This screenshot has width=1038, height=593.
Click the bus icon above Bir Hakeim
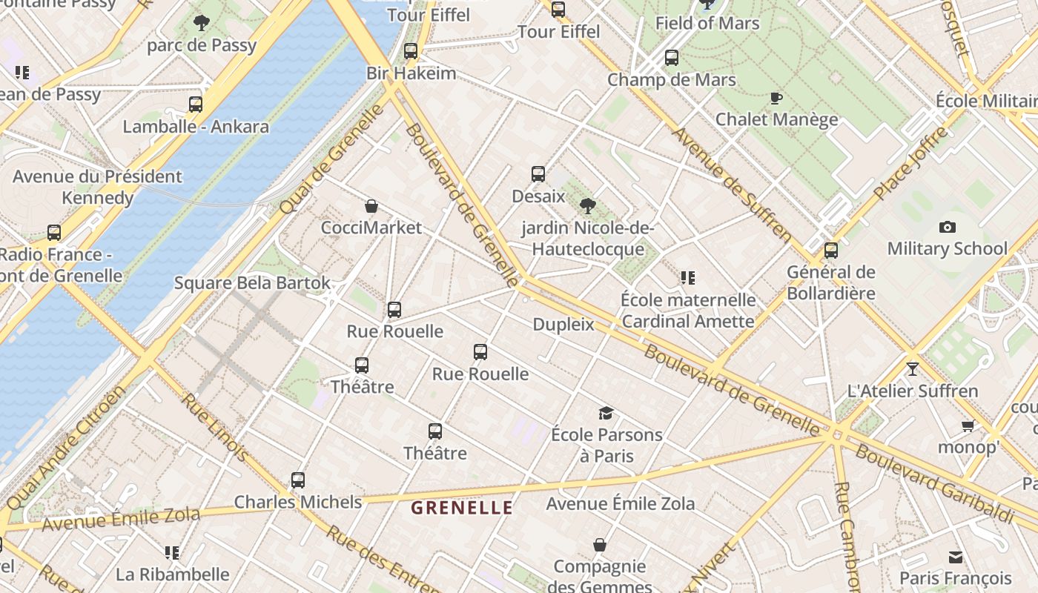(x=411, y=51)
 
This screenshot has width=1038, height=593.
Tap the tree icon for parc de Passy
(x=201, y=23)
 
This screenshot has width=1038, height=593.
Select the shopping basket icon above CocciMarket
(x=371, y=206)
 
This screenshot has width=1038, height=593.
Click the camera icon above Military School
(x=947, y=227)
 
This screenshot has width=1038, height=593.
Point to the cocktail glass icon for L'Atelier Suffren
(x=912, y=368)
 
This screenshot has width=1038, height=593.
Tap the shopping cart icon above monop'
(x=968, y=425)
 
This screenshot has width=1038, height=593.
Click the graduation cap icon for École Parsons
(x=606, y=413)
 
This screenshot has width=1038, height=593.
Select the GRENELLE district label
(x=462, y=508)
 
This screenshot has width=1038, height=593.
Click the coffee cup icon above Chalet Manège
(x=776, y=98)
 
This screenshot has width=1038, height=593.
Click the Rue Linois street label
(x=215, y=426)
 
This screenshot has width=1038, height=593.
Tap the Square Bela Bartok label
(x=252, y=283)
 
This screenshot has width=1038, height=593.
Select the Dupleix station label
(x=563, y=325)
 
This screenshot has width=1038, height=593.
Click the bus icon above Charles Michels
(x=298, y=480)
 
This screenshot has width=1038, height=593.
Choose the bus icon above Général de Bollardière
(x=831, y=251)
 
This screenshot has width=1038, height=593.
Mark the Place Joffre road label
(x=911, y=162)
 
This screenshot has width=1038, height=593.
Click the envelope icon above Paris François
(x=956, y=557)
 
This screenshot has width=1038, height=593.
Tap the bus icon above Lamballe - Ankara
(x=196, y=105)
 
